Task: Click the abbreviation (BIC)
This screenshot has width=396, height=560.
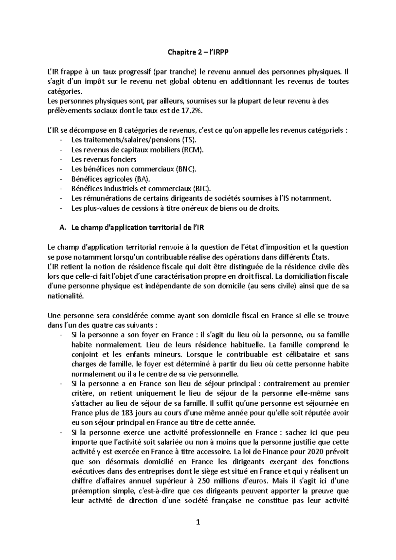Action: click(x=201, y=189)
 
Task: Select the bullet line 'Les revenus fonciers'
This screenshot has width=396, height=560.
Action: click(x=104, y=159)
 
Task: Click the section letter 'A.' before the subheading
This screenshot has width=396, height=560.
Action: click(x=62, y=228)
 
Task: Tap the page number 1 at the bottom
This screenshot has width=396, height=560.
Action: click(x=198, y=522)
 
